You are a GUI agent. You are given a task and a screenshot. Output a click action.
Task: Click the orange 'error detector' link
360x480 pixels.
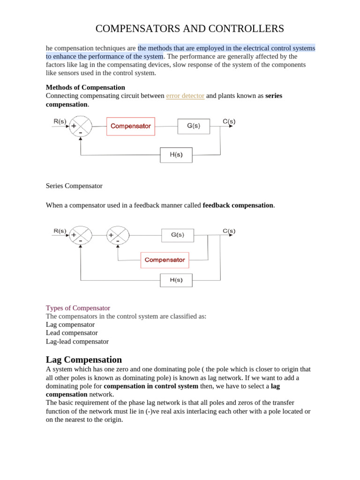185,96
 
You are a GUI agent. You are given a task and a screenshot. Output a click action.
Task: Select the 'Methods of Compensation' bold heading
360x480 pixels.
85,87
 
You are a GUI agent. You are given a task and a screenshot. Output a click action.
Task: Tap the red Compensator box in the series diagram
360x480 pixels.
131,126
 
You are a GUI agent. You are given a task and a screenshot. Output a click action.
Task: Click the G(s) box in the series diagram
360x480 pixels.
193,126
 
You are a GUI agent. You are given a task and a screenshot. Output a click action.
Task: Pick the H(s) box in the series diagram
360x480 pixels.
176,155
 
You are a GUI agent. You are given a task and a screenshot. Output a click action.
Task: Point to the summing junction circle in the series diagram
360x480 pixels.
81,127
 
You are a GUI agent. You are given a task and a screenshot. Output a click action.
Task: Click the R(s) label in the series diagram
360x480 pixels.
60,121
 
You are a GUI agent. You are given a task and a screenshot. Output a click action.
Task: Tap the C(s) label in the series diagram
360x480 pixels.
229,121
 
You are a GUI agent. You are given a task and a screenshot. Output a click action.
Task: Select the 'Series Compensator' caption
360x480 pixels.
74,186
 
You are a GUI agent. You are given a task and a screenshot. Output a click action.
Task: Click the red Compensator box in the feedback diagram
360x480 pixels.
165,260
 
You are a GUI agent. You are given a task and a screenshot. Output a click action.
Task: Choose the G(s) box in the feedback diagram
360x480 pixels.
177,235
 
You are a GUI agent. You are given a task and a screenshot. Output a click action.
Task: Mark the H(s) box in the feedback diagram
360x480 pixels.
176,280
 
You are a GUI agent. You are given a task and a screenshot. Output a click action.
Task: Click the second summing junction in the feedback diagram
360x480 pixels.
118,235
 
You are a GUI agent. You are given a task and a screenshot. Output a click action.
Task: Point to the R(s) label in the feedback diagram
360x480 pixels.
60,231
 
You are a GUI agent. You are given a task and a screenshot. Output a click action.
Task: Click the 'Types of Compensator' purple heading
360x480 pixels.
78,308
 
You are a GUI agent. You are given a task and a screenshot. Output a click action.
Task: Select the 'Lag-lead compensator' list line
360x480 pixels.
77,341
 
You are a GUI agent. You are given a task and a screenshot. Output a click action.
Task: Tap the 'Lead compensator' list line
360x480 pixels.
72,333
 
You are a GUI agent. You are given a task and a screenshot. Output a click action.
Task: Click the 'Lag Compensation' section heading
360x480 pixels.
84,360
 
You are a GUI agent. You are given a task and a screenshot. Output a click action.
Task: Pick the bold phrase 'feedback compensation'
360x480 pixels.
238,205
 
